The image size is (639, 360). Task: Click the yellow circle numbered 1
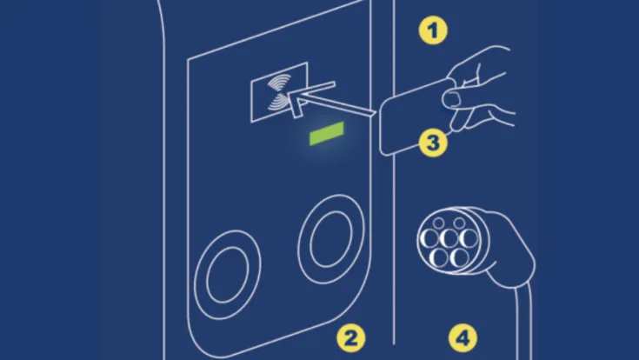coord(433,30)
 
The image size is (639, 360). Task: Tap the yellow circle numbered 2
coord(351,338)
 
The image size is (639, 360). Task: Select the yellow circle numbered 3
coord(433,143)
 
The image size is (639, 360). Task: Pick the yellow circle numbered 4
coord(463,338)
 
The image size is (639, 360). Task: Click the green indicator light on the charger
coord(326,133)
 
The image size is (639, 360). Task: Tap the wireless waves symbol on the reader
coord(279,94)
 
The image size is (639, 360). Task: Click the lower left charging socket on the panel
coord(228,275)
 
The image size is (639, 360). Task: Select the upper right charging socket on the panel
coord(331,239)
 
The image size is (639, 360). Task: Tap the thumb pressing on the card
coord(451,98)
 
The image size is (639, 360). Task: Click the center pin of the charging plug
coord(449,238)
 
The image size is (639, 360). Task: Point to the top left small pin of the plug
coord(438,223)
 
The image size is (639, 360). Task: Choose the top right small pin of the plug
coord(459,223)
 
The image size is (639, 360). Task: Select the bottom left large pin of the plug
coord(439,257)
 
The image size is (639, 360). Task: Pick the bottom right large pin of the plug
coord(459,257)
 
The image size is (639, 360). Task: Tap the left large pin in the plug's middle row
coord(429,238)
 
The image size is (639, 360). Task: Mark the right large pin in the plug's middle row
coord(469,238)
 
